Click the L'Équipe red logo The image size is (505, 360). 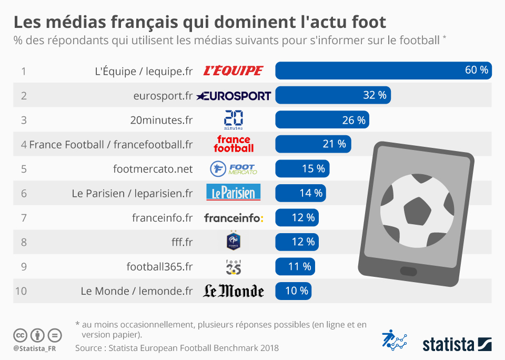point(233,71)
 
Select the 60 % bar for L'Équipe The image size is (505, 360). point(383,71)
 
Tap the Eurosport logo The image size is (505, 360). point(234,96)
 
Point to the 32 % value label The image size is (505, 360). point(375,95)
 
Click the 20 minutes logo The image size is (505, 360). point(233,120)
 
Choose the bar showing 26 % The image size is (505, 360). point(322,120)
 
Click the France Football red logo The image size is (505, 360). point(234,144)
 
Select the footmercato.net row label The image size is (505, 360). point(153,169)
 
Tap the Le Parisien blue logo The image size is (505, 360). point(233,193)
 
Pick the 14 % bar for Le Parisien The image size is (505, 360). point(300,193)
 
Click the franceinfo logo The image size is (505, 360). point(233,218)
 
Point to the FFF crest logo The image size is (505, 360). point(233,241)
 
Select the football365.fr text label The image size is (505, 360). point(159,266)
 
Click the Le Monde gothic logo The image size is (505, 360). point(233,291)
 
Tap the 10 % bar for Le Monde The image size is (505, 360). point(293,291)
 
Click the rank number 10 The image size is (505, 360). point(21,291)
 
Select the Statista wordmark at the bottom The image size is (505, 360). point(448,344)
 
